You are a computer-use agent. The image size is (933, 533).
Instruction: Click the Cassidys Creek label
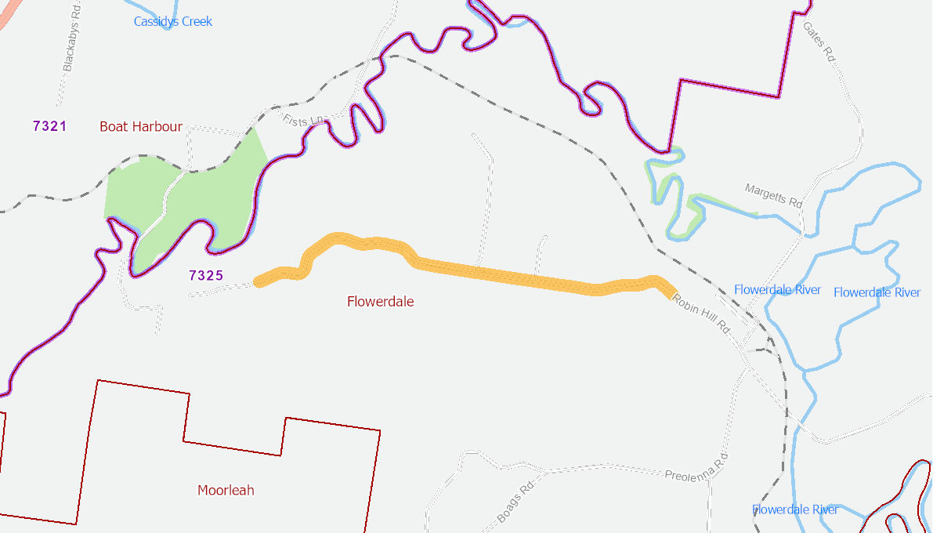[172, 21]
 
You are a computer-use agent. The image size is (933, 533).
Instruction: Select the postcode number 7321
[50, 125]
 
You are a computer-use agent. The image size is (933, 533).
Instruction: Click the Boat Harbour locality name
[141, 126]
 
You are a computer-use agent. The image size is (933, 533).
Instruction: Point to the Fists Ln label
[305, 121]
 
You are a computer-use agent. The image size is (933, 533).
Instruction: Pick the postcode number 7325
[206, 275]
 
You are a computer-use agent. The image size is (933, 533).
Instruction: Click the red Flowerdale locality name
[380, 302]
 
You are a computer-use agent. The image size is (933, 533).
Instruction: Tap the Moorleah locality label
[226, 491]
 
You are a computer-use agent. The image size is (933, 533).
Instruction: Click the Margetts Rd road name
[774, 195]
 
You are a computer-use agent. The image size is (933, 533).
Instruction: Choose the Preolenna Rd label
[696, 466]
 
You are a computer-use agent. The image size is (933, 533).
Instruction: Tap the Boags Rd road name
[515, 504]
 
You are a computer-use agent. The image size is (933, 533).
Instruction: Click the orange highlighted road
[501, 274]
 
